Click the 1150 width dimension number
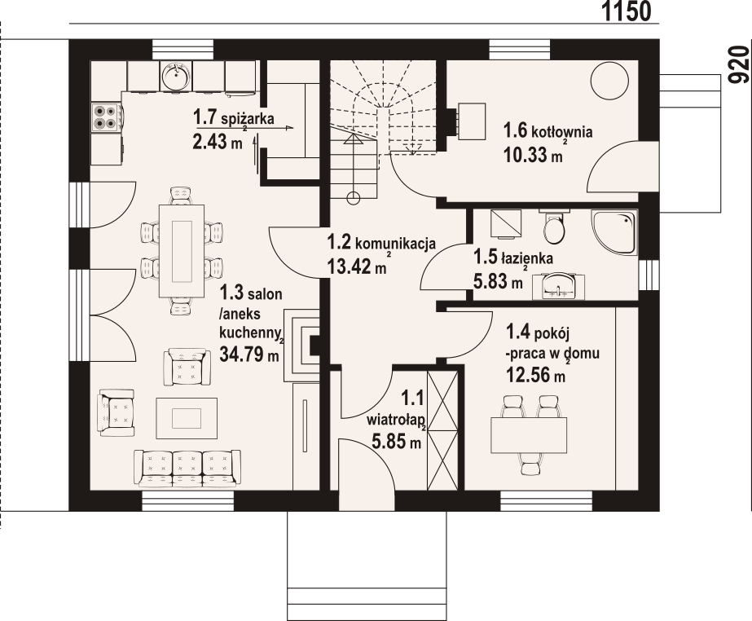(x=627, y=11)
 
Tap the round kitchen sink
(x=176, y=76)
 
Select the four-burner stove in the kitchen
(x=107, y=117)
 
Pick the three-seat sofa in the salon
(x=187, y=469)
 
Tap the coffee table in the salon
(x=187, y=418)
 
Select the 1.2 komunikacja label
(x=381, y=242)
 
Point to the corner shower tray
(x=613, y=232)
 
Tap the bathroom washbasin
(x=558, y=286)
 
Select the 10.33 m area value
(x=533, y=155)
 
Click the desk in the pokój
(x=529, y=435)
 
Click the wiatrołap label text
(x=396, y=421)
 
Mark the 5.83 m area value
(x=498, y=281)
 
